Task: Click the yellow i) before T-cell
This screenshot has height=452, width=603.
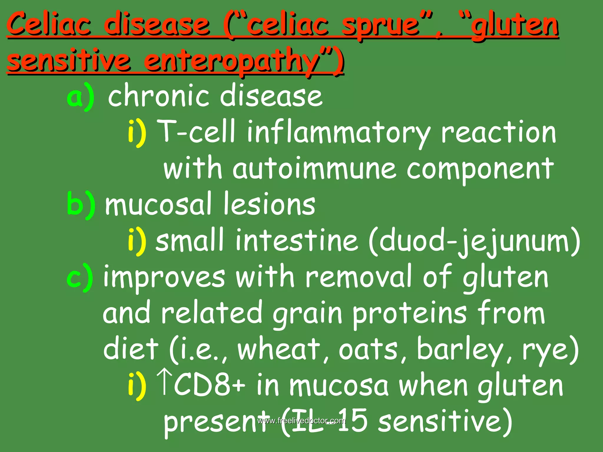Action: tap(137, 132)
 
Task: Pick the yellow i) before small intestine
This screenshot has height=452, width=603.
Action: tap(137, 241)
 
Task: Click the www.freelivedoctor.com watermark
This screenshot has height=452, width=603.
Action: tap(301, 421)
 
